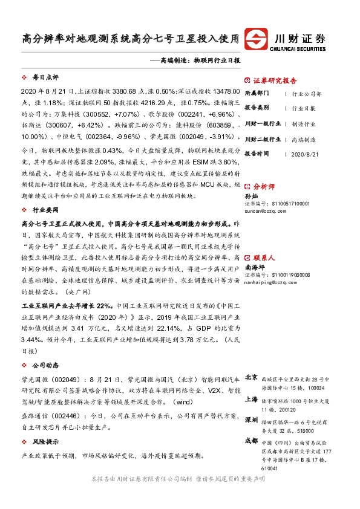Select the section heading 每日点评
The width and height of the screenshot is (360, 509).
pyautogui.click(x=45, y=79)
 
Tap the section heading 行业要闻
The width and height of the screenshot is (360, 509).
pyautogui.click(x=45, y=210)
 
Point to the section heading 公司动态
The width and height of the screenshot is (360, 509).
pyautogui.click(x=45, y=365)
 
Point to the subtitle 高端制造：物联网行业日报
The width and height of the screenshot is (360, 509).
pyautogui.click(x=199, y=61)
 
